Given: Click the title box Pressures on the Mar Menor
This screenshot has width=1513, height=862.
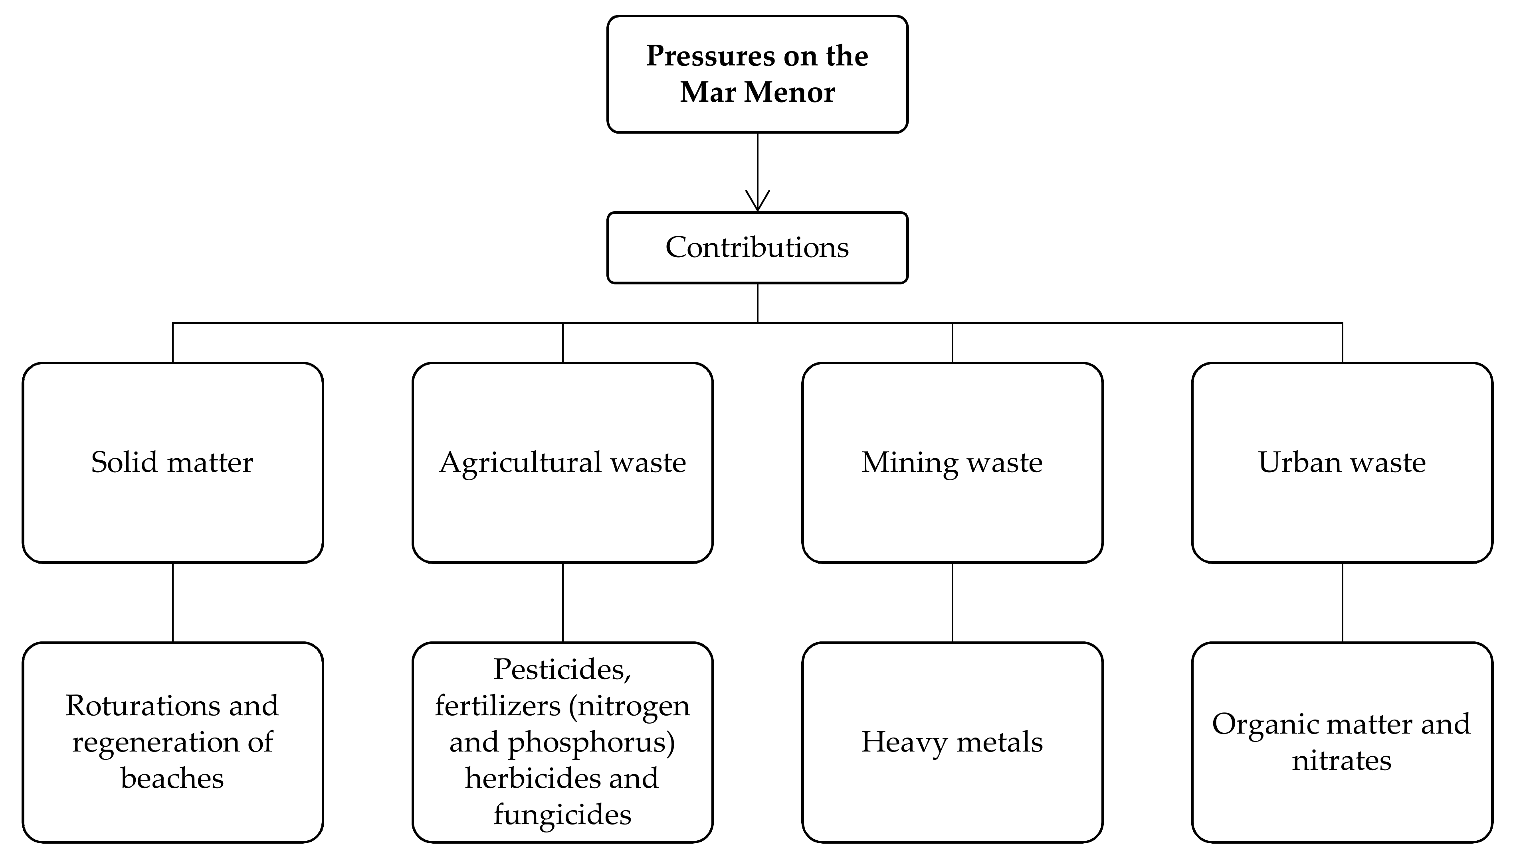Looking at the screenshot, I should point(757,74).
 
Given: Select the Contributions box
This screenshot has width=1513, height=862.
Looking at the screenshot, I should point(757,247).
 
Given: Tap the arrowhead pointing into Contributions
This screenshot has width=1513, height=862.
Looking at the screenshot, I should point(757,201).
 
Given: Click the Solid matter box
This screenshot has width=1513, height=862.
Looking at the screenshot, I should point(172,462).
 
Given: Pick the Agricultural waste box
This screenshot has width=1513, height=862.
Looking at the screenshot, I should point(562,462).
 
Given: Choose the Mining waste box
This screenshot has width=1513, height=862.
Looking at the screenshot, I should point(952,462).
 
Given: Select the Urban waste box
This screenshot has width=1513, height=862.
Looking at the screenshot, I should point(1342,462).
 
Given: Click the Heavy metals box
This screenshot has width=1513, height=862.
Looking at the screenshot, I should point(952,742).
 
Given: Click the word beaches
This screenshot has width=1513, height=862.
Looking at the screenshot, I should point(172,778).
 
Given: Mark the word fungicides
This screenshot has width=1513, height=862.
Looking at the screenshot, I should point(562,815).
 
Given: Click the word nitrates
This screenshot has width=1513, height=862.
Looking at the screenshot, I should point(1341,760).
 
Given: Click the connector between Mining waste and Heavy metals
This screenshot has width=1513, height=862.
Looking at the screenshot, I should point(952,602).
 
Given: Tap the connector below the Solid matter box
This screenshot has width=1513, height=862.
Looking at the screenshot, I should point(172,602).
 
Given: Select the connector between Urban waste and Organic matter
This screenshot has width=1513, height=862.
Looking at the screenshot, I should point(1342,602).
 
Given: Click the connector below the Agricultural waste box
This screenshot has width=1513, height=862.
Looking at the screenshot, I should point(562,602).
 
